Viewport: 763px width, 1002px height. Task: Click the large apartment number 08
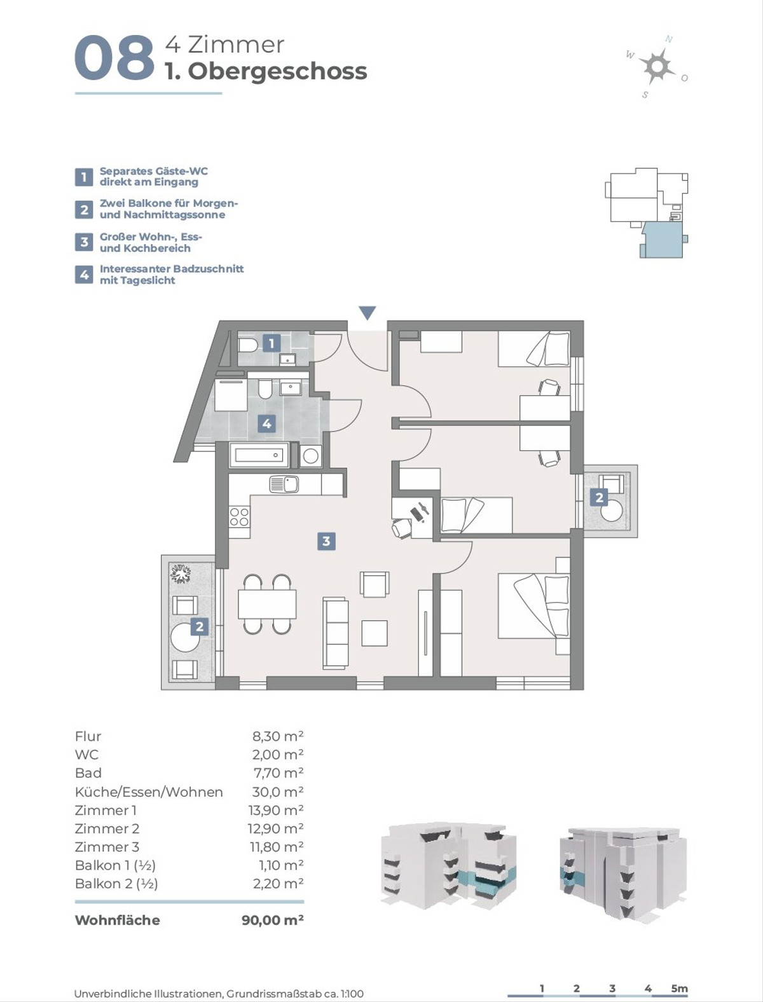[x=114, y=58]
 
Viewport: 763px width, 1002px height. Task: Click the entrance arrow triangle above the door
[x=367, y=313]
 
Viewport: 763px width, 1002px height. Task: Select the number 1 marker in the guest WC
[x=272, y=343]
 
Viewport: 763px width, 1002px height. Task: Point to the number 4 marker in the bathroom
[x=267, y=423]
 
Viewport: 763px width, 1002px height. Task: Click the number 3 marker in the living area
[x=326, y=542]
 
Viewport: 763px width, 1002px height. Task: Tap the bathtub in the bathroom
[x=259, y=455]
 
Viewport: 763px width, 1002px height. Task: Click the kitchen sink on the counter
[x=284, y=484]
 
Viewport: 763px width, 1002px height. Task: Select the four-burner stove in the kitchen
[x=239, y=517]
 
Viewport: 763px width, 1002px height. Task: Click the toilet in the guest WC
[x=249, y=345]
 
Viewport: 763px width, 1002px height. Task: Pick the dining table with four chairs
[x=267, y=604]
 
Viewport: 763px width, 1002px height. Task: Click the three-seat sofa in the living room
[x=336, y=633]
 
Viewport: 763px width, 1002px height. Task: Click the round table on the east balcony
[x=612, y=511]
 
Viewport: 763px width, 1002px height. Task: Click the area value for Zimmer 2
[x=275, y=828]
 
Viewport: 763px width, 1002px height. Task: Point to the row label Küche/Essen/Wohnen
[x=149, y=792]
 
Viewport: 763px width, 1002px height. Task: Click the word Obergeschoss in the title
[x=277, y=72]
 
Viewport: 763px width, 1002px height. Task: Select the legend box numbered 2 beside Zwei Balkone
[x=84, y=210]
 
